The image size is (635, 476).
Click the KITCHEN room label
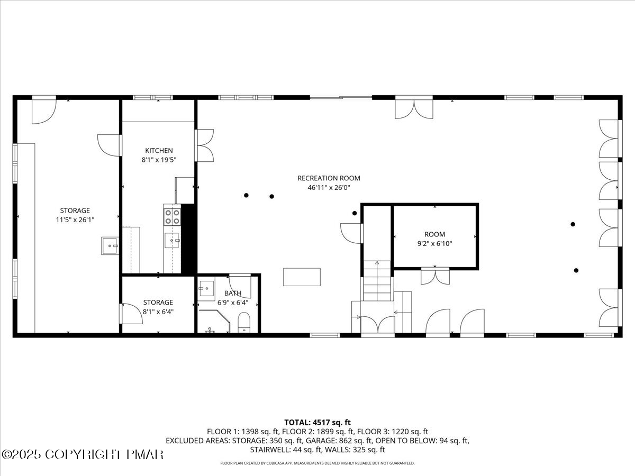click(159, 151)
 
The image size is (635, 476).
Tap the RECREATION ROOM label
click(329, 178)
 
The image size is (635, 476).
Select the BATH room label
click(233, 293)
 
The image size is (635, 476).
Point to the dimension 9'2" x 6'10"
click(434, 243)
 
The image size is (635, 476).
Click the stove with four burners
click(172, 216)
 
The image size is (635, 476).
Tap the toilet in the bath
click(244, 322)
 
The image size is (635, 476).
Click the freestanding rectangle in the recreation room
click(302, 277)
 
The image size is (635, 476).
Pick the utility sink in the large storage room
click(110, 246)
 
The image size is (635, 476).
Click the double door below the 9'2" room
click(435, 277)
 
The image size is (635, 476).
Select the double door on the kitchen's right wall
click(205, 145)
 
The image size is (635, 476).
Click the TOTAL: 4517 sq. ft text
click(317, 422)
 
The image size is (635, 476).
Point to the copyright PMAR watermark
click(83, 454)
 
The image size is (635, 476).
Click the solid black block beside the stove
click(189, 239)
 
